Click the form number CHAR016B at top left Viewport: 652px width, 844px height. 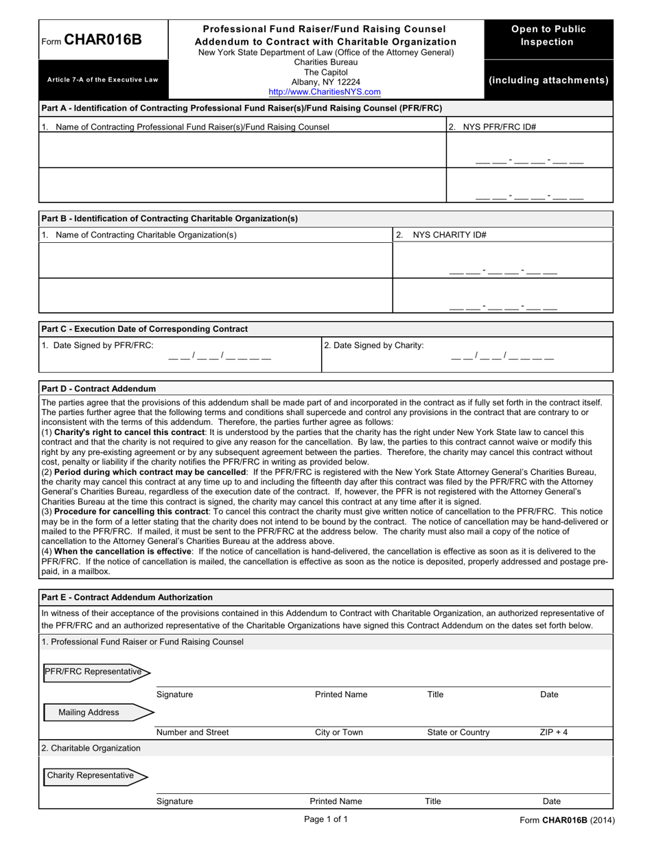coord(103,39)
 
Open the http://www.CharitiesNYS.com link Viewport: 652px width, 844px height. coord(325,91)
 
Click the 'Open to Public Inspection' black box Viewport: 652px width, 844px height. coord(548,36)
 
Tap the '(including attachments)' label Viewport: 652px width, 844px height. coord(548,80)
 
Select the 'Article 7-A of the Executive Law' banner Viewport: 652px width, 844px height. coord(102,80)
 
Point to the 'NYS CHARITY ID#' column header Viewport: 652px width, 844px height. coord(449,235)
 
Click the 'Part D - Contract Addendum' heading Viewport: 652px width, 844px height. coord(99,388)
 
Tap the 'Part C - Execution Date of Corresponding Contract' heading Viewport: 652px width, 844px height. coord(145,329)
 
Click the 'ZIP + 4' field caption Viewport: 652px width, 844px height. coord(553,732)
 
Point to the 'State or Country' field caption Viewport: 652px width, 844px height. coord(458,732)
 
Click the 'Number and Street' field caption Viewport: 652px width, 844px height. coord(193,732)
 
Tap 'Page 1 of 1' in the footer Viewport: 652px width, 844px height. coord(326,819)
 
